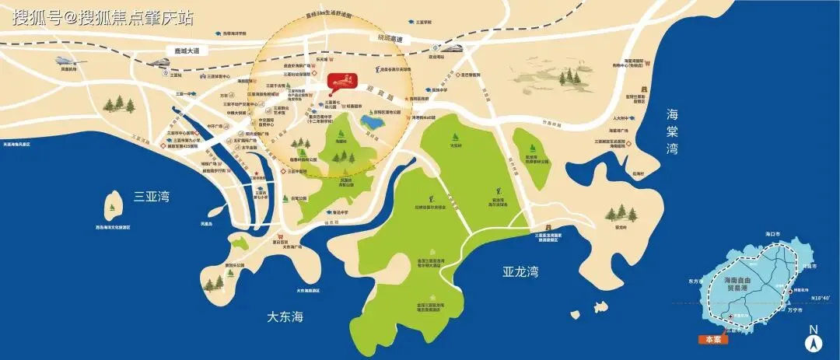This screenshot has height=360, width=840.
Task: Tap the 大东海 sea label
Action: (285, 317)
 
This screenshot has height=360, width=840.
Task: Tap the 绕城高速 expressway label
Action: (390, 37)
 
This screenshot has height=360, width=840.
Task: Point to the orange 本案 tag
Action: (712, 339)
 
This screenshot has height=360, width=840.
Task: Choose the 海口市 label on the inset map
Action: (772, 234)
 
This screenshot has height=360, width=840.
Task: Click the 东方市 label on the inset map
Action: (696, 281)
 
